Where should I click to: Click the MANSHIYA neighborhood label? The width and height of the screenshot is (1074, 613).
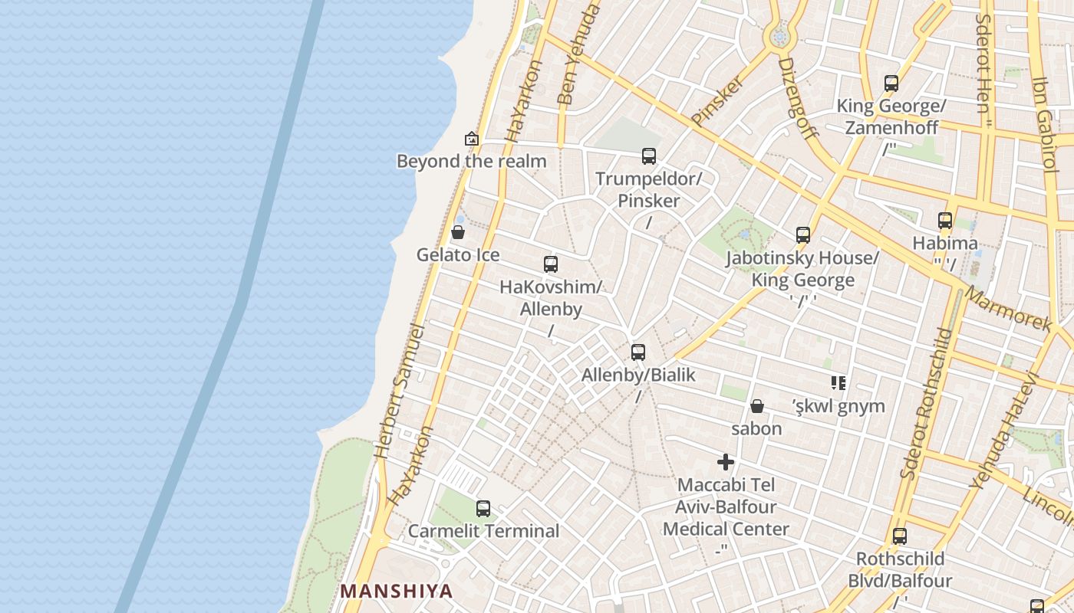coord(397,591)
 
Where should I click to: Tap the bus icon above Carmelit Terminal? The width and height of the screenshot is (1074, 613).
coord(483,508)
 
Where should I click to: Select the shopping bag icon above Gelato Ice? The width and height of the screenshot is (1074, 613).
coord(458,231)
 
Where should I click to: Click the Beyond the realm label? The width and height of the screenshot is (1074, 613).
coord(471,161)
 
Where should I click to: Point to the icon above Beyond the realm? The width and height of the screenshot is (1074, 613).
coord(472,139)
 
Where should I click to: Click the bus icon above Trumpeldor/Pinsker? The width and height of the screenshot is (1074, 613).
coord(649,156)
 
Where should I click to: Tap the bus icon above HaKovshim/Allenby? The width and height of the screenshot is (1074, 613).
coord(551,264)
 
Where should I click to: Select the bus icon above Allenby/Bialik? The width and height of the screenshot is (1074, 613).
coord(638,352)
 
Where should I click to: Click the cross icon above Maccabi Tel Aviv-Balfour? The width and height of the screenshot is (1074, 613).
coord(726,462)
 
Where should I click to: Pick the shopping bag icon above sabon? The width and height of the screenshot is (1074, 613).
coord(757,406)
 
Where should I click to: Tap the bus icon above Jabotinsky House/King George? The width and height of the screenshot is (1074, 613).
coord(803,235)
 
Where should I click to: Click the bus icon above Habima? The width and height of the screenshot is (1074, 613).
coord(945,221)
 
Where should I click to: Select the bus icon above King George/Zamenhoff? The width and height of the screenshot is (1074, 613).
coord(891,84)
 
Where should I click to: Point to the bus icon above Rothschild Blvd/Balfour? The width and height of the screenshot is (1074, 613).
coord(900,536)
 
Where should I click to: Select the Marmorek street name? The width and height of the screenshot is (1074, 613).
coord(1008,309)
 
